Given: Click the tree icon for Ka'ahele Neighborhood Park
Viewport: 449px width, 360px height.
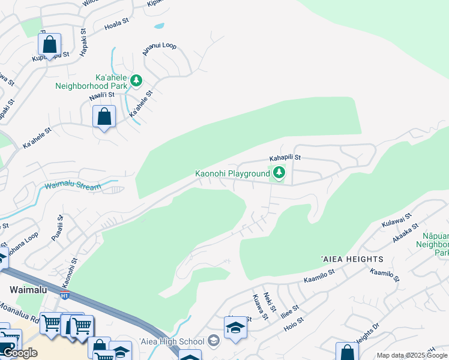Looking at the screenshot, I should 136,80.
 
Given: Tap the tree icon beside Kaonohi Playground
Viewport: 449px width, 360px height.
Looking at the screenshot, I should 279,173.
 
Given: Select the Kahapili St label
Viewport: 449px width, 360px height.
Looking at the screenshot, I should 285,158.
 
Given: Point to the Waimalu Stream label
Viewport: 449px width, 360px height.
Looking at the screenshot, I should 73,187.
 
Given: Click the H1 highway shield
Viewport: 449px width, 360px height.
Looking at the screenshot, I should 65,295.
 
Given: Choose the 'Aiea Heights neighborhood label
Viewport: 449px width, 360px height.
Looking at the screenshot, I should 352,259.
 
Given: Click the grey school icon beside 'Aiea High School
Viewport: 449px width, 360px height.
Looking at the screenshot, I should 213,341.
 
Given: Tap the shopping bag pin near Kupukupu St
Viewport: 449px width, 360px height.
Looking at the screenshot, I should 49,44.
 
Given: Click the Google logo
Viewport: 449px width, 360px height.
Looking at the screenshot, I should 20,353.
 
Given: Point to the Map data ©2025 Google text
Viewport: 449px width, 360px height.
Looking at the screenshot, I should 412,355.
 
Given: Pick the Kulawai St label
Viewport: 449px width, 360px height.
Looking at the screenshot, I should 396,220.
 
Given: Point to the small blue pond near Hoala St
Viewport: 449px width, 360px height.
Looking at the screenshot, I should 158,26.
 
